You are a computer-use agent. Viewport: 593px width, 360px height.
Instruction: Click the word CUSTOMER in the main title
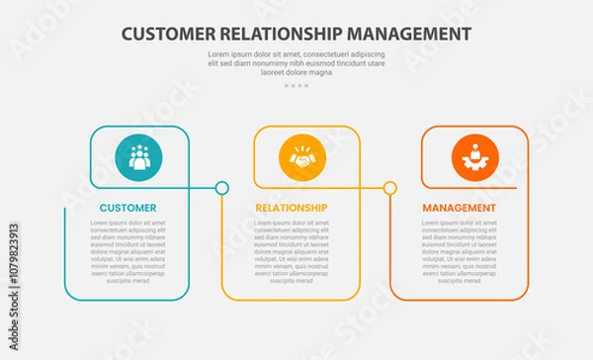click(167, 34)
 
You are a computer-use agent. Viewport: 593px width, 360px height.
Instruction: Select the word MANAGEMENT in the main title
click(415, 34)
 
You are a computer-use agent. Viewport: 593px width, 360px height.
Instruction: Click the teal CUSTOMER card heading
click(127, 208)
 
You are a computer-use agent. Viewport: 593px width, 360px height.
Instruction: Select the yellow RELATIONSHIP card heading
click(291, 208)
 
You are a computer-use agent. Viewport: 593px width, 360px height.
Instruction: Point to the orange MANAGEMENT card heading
click(459, 208)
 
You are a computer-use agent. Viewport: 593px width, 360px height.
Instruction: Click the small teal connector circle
click(222, 187)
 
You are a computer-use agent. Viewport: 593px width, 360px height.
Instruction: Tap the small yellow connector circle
click(390, 187)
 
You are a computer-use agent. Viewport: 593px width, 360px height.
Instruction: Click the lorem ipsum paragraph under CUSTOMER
click(127, 251)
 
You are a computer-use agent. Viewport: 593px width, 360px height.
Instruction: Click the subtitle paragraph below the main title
click(296, 62)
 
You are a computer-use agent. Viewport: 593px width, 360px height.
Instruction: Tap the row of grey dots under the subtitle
click(296, 86)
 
